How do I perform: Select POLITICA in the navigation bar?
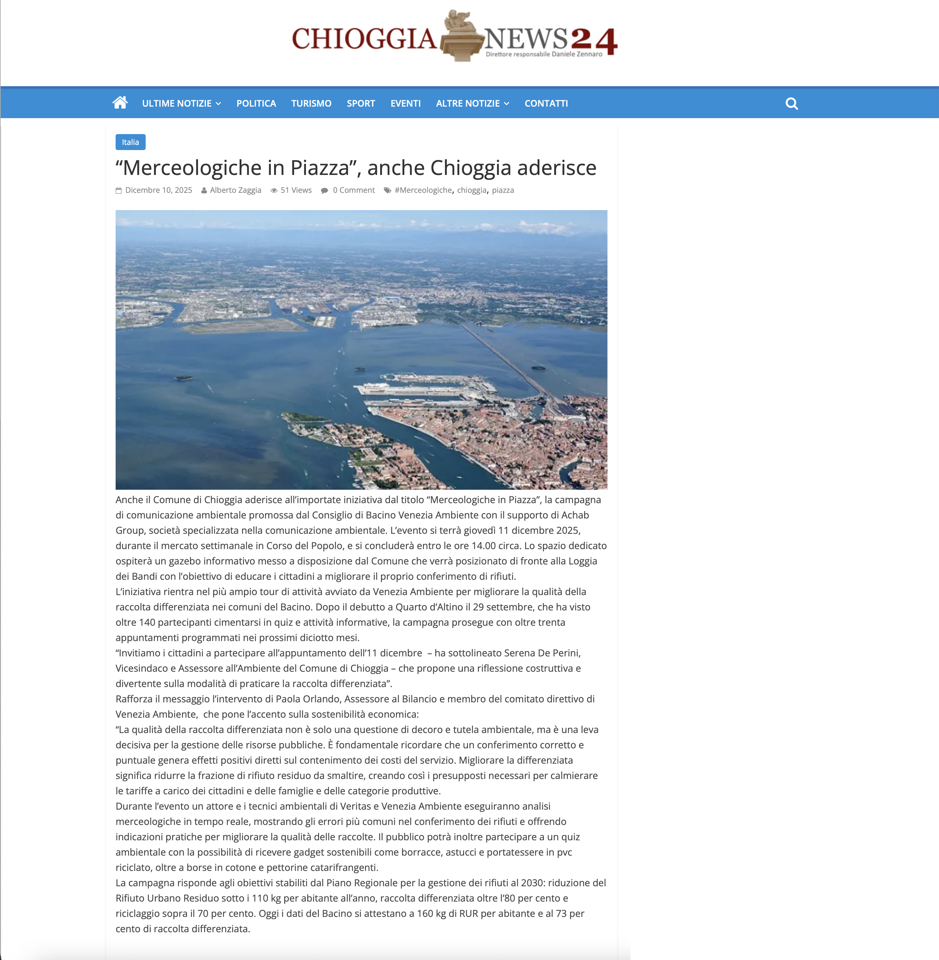tap(256, 103)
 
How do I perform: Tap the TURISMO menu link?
tap(311, 103)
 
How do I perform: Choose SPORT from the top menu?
tap(361, 103)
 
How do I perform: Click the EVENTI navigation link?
tap(405, 103)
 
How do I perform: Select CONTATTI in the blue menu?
tap(546, 103)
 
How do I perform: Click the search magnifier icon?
tap(791, 103)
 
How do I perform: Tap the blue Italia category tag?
tap(130, 142)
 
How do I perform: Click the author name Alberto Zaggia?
tap(235, 190)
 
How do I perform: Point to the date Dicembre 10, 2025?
tap(158, 190)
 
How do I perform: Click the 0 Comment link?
tap(353, 190)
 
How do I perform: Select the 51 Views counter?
tap(295, 190)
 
